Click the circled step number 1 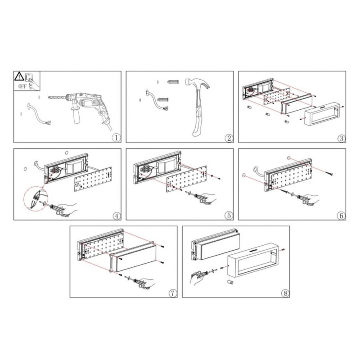[117, 138]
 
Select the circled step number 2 [229, 138]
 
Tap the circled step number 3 [342, 138]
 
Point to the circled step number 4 [117, 216]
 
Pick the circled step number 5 [229, 216]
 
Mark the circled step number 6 [341, 216]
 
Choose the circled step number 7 [173, 293]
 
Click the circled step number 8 [285, 293]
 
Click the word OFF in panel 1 [22, 86]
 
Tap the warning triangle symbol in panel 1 [19, 76]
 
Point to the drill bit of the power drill [57, 97]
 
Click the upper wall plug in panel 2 [173, 82]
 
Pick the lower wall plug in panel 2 [163, 99]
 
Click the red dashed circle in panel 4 [36, 198]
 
